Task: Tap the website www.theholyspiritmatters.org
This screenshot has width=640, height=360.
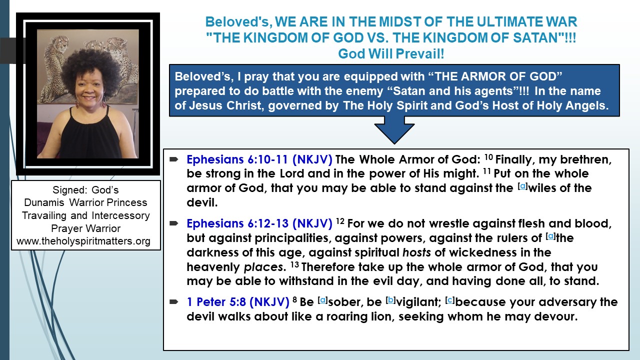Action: click(x=83, y=241)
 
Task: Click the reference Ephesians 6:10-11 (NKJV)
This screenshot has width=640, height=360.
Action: click(x=259, y=160)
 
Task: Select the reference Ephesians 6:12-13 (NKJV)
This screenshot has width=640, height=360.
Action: click(x=259, y=223)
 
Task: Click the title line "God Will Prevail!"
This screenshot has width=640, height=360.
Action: click(x=390, y=53)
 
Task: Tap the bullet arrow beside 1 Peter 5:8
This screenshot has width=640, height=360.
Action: click(x=174, y=302)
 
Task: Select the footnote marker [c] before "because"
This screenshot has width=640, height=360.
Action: click(x=449, y=300)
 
